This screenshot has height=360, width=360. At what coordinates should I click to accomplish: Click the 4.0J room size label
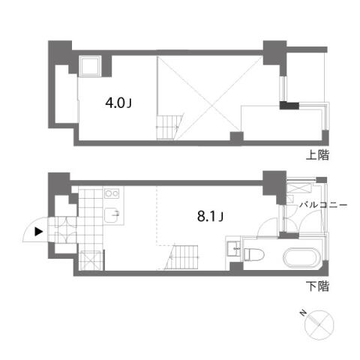pos(118,103)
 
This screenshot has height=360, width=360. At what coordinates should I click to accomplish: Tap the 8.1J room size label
pos(210,216)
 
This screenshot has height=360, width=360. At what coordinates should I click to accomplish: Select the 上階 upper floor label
pos(317,155)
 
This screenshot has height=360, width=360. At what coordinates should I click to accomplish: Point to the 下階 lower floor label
pos(317,286)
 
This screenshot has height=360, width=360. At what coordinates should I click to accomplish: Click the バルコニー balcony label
pos(323,205)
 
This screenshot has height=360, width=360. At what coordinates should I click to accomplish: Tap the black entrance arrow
pos(38,232)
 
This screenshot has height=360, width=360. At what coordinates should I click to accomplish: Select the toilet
pos(253,254)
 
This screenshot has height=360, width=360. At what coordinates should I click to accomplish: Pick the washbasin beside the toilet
pos(233,249)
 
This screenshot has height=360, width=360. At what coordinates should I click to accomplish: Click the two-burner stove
pos(112,193)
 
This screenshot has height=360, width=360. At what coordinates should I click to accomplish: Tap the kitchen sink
pos(112,215)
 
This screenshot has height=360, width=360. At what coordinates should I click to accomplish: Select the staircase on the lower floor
pos(181,257)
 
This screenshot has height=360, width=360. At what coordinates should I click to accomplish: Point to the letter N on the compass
pos(303,313)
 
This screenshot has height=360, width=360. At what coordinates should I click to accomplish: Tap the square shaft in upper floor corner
pos(90,66)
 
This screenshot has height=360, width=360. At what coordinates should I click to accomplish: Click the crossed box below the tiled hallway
pos(91,260)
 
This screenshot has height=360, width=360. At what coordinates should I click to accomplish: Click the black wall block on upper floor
pos(289,106)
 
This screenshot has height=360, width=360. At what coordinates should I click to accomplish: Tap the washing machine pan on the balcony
pos(299,187)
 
